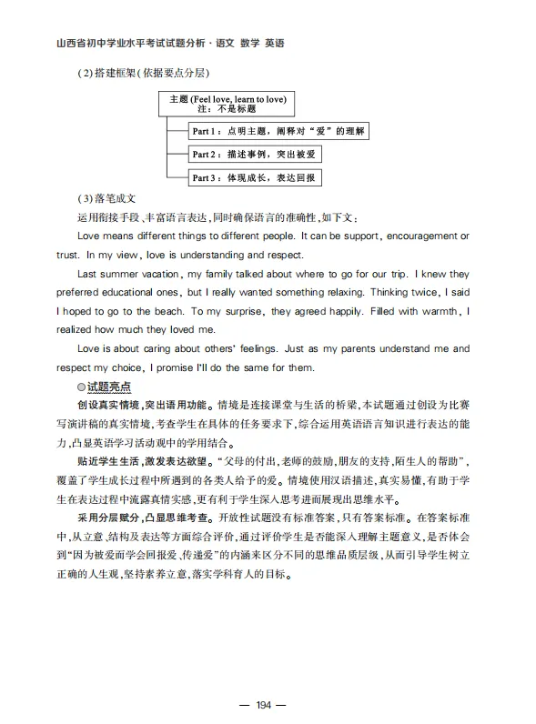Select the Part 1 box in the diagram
[x=278, y=132]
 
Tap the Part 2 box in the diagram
[x=255, y=155]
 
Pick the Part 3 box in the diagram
[x=255, y=178]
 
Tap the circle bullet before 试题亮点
[x=81, y=387]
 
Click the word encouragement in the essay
[x=415, y=236]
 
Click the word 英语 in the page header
[x=273, y=43]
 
